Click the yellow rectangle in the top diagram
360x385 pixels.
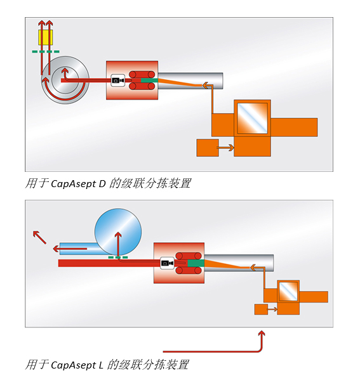[46, 37]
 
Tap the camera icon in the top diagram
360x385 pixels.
[117, 81]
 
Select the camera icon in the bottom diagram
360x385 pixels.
[167, 263]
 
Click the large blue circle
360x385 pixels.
[118, 232]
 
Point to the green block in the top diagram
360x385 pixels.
[149, 81]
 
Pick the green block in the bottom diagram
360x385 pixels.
[196, 263]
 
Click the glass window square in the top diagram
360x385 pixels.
[252, 118]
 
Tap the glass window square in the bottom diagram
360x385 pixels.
[288, 291]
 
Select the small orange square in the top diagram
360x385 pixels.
[208, 148]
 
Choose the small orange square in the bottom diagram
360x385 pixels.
[261, 310]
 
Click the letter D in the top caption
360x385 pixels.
[102, 184]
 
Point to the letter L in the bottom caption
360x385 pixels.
[101, 365]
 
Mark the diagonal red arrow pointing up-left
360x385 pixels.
[39, 237]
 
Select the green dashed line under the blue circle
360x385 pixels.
[118, 258]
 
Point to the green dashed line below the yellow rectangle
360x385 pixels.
[46, 51]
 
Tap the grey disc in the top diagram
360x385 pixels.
[65, 80]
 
